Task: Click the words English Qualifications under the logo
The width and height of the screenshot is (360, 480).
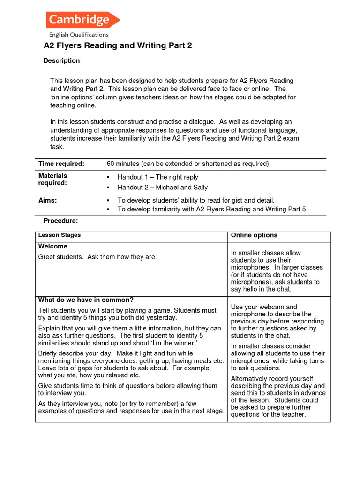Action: [x=79, y=35]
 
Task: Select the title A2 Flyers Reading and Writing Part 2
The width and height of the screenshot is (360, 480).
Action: [x=118, y=45]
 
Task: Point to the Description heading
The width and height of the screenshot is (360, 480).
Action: [x=61, y=60]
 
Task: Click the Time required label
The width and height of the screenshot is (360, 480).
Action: [x=61, y=164]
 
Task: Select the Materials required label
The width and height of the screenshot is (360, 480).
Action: [x=52, y=180]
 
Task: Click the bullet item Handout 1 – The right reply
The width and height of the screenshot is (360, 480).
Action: [x=157, y=177]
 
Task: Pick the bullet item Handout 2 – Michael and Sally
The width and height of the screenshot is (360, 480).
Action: [x=163, y=187]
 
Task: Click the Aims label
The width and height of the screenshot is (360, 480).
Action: [x=47, y=200]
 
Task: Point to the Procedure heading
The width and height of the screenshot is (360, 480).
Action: [x=60, y=221]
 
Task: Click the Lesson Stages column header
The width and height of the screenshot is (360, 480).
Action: [x=60, y=235]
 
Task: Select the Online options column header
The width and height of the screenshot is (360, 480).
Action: [x=254, y=235]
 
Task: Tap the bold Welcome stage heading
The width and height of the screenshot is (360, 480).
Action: [x=52, y=247]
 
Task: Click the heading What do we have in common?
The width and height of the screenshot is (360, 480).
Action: [x=86, y=300]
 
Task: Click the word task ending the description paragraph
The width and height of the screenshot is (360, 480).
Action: [x=58, y=146]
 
